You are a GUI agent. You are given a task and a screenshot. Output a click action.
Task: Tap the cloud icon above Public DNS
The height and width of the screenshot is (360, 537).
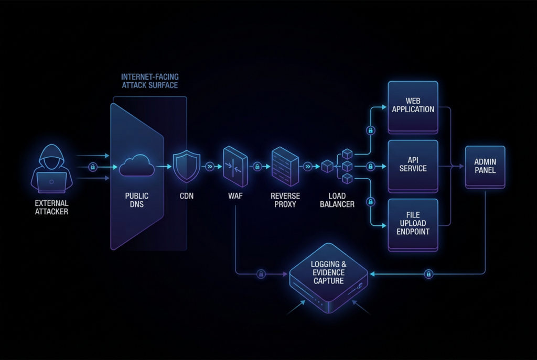pyautogui.click(x=136, y=167)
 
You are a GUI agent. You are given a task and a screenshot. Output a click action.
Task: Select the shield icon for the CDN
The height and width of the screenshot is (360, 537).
pyautogui.click(x=187, y=167)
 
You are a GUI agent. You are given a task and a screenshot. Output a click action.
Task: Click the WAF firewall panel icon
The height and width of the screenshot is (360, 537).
pyautogui.click(x=235, y=167)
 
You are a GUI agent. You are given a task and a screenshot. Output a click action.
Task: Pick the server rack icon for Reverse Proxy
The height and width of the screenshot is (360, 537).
pyautogui.click(x=285, y=167)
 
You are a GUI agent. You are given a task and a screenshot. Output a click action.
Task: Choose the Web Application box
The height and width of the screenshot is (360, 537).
pyautogui.click(x=413, y=107)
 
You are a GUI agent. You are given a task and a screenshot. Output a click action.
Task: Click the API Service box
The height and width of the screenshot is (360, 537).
pyautogui.click(x=413, y=166)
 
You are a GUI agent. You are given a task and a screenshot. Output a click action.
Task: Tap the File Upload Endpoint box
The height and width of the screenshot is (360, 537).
pyautogui.click(x=413, y=224)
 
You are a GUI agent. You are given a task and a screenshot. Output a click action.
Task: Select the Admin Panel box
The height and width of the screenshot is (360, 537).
pyautogui.click(x=485, y=167)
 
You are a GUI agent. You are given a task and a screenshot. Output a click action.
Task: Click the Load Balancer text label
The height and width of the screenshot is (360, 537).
pyautogui.click(x=337, y=200)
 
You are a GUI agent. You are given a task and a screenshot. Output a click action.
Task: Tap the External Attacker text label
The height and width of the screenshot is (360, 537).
pyautogui.click(x=51, y=208)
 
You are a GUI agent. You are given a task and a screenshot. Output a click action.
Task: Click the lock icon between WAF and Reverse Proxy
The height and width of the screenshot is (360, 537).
pyautogui.click(x=257, y=167)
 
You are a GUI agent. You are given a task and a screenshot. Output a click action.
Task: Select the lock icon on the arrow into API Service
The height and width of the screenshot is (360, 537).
pyautogui.click(x=370, y=167)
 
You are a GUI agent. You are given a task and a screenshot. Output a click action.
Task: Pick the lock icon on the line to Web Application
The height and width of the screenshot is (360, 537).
pyautogui.click(x=370, y=130)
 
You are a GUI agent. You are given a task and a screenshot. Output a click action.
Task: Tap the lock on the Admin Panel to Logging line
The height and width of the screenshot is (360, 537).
pyautogui.click(x=428, y=274)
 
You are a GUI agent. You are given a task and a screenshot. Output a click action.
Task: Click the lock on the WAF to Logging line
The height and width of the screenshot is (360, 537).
pyautogui.click(x=260, y=274)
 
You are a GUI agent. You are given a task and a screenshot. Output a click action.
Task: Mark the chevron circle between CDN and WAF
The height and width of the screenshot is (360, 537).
pyautogui.click(x=210, y=167)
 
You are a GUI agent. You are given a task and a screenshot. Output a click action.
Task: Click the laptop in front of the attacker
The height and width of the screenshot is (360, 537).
pyautogui.click(x=51, y=181)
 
